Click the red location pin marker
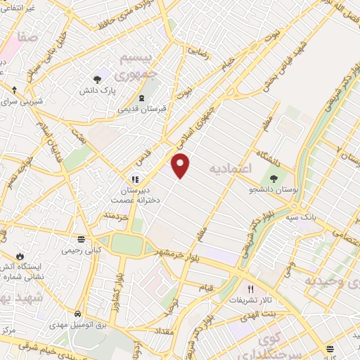(181, 165)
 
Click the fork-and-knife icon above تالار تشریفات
(250, 288)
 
